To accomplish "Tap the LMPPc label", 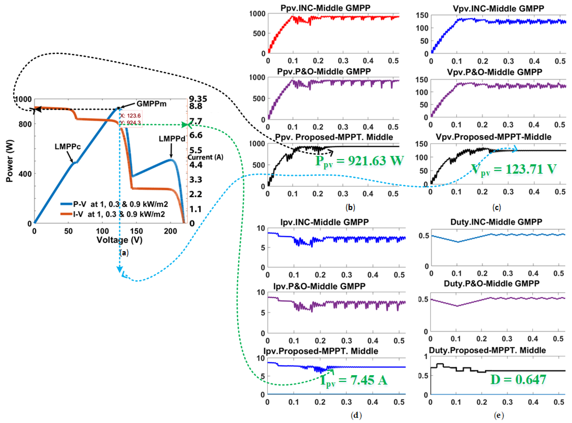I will click(68, 147).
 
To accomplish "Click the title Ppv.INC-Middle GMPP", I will click(325, 8).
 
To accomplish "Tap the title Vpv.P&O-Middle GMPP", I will click(494, 72).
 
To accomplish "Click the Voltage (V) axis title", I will click(119, 240).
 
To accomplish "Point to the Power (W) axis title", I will click(10, 161).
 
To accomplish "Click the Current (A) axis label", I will click(206, 157).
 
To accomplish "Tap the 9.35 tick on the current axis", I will click(198, 99).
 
